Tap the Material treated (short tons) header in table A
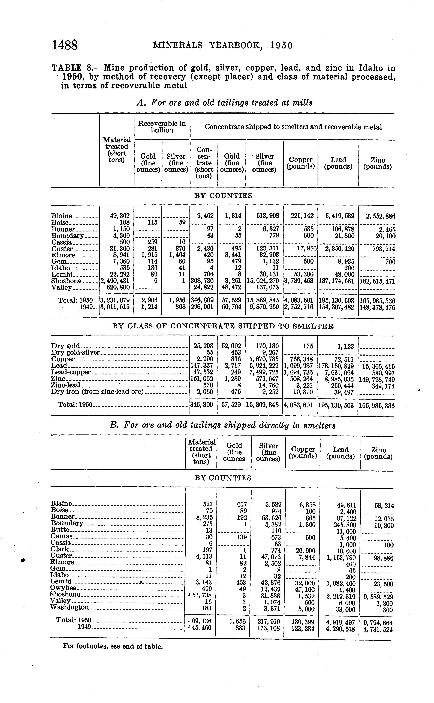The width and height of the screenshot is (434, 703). click(x=117, y=150)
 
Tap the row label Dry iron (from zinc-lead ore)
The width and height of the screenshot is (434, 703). click(x=97, y=392)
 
